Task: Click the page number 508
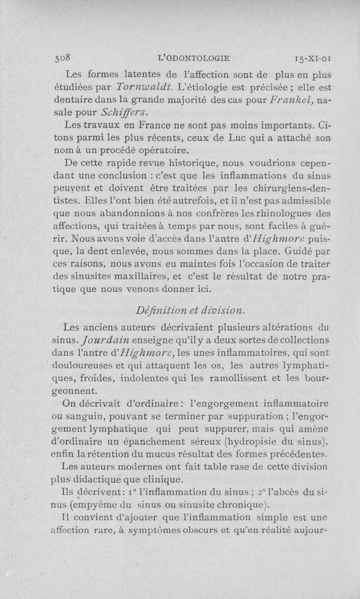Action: [x=63, y=58]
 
